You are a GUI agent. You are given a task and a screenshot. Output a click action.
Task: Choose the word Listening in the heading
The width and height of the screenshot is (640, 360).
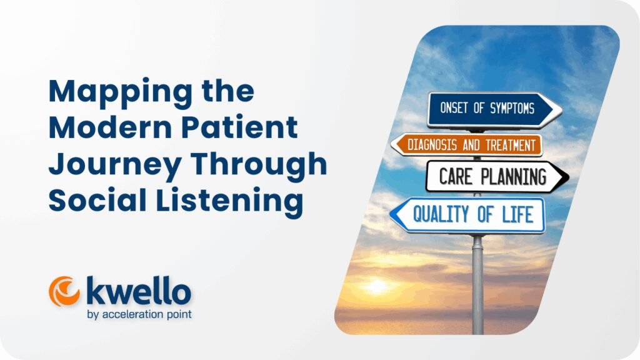click(x=231, y=201)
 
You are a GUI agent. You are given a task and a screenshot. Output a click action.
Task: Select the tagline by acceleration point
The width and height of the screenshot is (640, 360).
click(x=139, y=314)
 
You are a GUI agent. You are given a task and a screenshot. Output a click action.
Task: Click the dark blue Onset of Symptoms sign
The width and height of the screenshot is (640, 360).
click(x=491, y=109)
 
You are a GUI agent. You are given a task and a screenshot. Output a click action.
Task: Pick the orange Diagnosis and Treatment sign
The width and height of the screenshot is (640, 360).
click(x=466, y=145)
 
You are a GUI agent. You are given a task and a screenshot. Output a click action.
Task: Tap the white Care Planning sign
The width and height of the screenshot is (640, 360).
click(x=494, y=176)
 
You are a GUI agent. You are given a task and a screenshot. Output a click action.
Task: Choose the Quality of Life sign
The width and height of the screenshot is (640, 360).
click(x=469, y=215)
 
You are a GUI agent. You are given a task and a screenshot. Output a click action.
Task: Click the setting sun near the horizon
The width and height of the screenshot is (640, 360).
click(x=377, y=286)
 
